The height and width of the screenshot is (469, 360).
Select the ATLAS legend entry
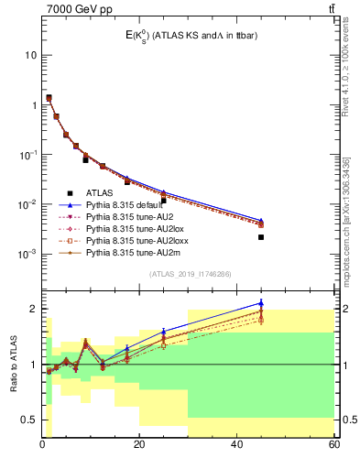(x=99, y=193)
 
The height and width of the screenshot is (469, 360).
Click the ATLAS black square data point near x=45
(x=261, y=237)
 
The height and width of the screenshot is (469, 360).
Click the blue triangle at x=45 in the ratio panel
(x=261, y=303)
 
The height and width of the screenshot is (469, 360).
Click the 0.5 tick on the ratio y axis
(x=30, y=420)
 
